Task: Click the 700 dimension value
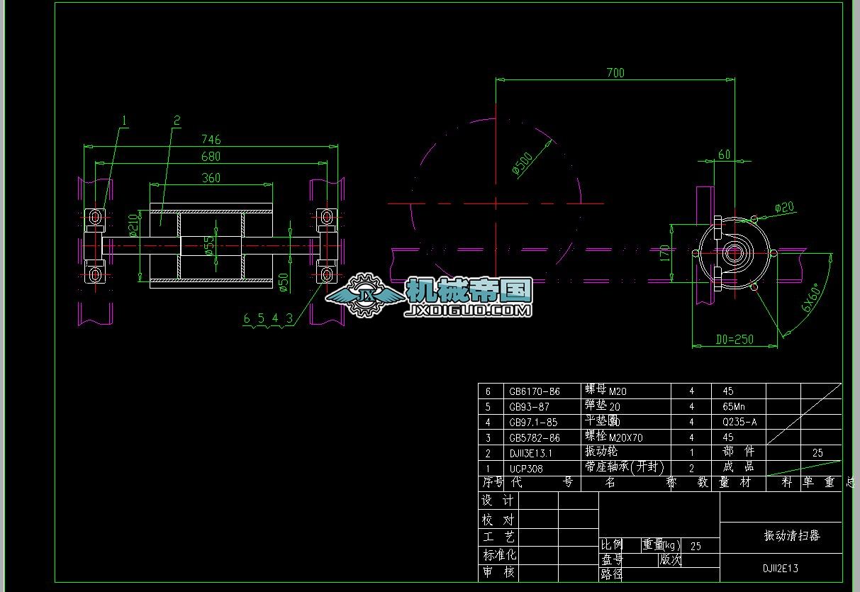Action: pyautogui.click(x=615, y=72)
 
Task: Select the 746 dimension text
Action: pyautogui.click(x=211, y=140)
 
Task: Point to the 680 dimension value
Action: pyautogui.click(x=211, y=156)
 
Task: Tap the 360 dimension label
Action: pyautogui.click(x=211, y=178)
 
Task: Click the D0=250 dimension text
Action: pyautogui.click(x=733, y=339)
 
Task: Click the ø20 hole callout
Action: pyautogui.click(x=784, y=207)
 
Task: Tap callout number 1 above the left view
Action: pyautogui.click(x=124, y=121)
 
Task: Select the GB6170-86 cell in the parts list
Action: pyautogui.click(x=534, y=391)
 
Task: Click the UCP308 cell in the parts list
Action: pyautogui.click(x=526, y=469)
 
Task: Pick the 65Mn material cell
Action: pyautogui.click(x=734, y=407)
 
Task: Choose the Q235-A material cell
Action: pyautogui.click(x=739, y=423)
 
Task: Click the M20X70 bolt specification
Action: pyautogui.click(x=625, y=438)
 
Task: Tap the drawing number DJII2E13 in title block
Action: pyautogui.click(x=781, y=568)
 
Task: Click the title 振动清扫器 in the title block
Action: pyautogui.click(x=791, y=536)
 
